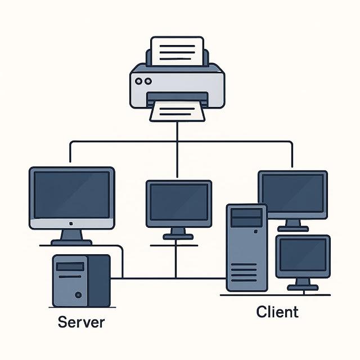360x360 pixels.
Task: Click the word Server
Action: point(82,323)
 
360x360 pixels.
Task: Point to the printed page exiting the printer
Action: point(177,111)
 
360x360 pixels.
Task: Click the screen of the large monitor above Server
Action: point(71,194)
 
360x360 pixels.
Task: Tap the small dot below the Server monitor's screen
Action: point(71,223)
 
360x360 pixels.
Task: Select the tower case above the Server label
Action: point(81,280)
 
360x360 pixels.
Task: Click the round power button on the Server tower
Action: point(78,295)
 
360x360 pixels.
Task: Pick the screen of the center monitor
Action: point(178,202)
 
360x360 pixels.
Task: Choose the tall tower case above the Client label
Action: point(246,247)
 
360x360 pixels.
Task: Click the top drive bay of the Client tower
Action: point(246,214)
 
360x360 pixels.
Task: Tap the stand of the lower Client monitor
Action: point(303,283)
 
